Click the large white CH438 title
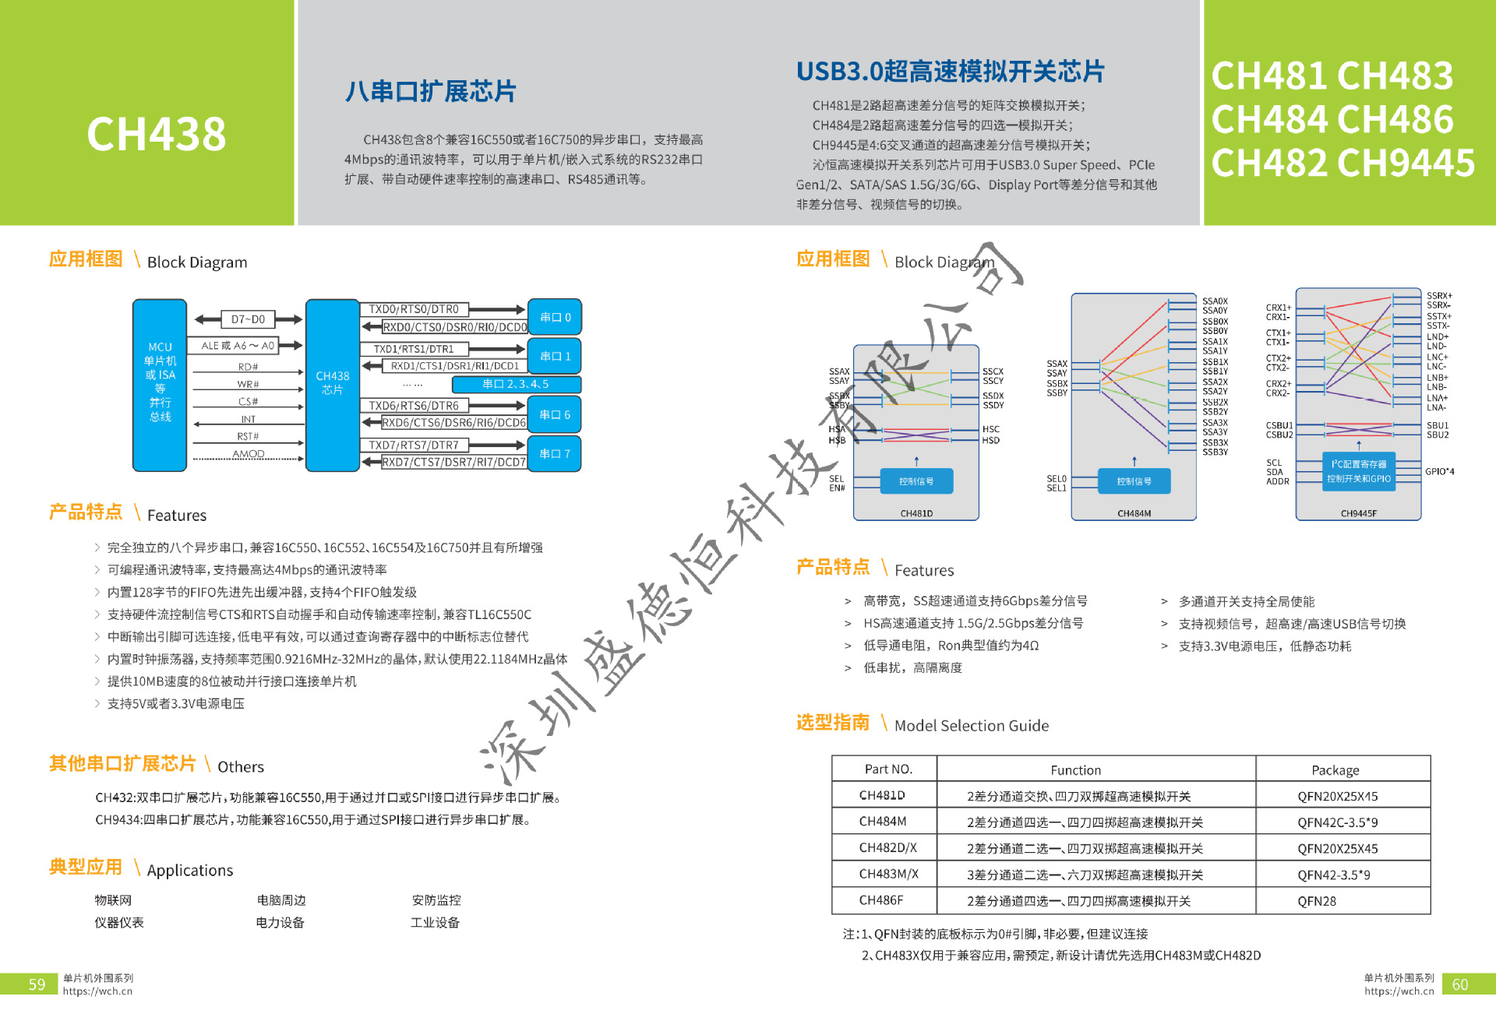point(156,134)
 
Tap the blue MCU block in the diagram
point(160,384)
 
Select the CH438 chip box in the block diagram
point(332,384)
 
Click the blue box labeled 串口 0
point(555,317)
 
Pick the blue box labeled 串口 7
point(555,453)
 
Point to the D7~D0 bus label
point(248,319)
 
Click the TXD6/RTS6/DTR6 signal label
point(414,406)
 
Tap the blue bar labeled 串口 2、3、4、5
point(516,384)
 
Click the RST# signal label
point(248,436)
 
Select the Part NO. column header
point(887,769)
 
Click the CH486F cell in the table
point(880,900)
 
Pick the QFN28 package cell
point(1317,901)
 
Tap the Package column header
point(1335,770)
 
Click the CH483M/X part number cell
point(888,874)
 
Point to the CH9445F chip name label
point(1358,513)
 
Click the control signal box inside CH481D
point(916,481)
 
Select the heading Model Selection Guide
point(971,726)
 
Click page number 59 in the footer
point(37,984)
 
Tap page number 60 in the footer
point(1459,984)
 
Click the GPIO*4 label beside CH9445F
point(1439,471)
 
